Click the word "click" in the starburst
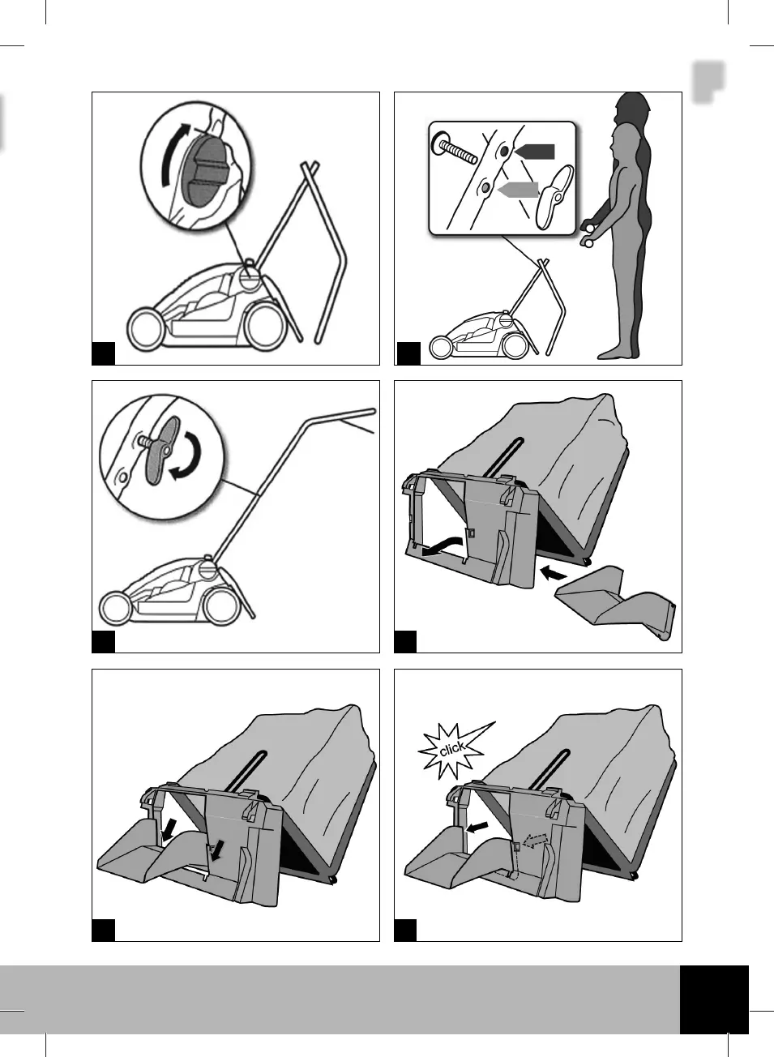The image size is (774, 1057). click(x=452, y=748)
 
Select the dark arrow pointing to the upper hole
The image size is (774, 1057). click(x=534, y=152)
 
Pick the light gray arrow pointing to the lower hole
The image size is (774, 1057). click(x=518, y=190)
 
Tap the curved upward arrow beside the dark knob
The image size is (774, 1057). click(x=173, y=153)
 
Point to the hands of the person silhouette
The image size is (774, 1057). click(x=587, y=233)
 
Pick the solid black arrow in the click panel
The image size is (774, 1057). click(x=477, y=827)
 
